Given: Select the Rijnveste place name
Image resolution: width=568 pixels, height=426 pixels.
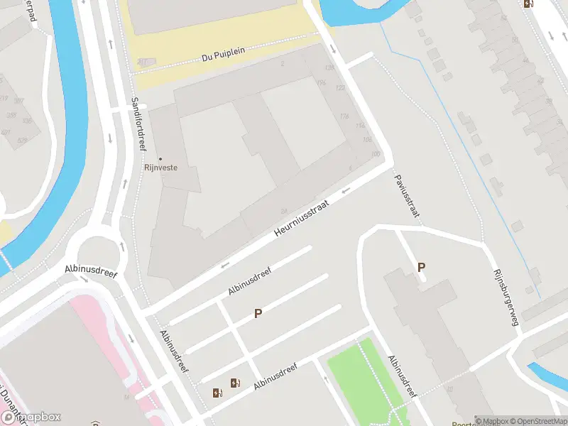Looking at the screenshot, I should (x=160, y=168).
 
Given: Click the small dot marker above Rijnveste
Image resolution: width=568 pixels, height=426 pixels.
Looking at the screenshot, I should (x=160, y=158).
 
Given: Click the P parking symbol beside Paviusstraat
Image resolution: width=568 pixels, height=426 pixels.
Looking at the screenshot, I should (x=421, y=268).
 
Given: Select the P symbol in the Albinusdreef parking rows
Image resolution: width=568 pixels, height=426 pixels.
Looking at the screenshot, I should (x=258, y=313).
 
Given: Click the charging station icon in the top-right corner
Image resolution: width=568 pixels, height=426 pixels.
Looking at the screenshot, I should (x=528, y=4).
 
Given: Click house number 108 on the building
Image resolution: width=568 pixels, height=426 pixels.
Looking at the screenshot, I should (x=367, y=139).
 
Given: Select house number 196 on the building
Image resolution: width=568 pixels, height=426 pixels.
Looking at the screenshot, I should (x=320, y=83).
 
